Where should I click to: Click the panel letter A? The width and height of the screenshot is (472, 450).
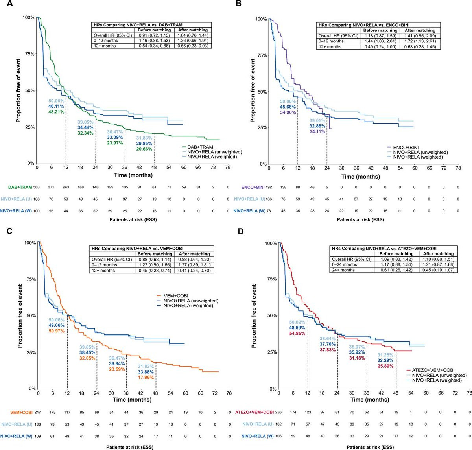coord(8,4)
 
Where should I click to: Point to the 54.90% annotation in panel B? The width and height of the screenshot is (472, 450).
coord(288,112)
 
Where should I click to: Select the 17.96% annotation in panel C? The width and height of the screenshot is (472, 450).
coord(146,378)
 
